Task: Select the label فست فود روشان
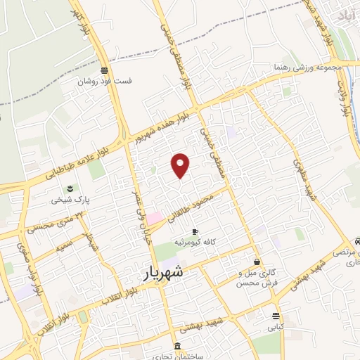tap(105, 81)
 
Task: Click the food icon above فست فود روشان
tap(105, 70)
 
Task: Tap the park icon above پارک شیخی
tap(70, 188)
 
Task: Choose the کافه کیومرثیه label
tap(196, 242)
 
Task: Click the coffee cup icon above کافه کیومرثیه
tap(195, 231)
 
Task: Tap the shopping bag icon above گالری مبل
tap(257, 262)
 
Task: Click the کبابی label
tap(274, 327)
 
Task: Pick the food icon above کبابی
tap(274, 316)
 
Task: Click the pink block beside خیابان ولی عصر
tap(153, 218)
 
